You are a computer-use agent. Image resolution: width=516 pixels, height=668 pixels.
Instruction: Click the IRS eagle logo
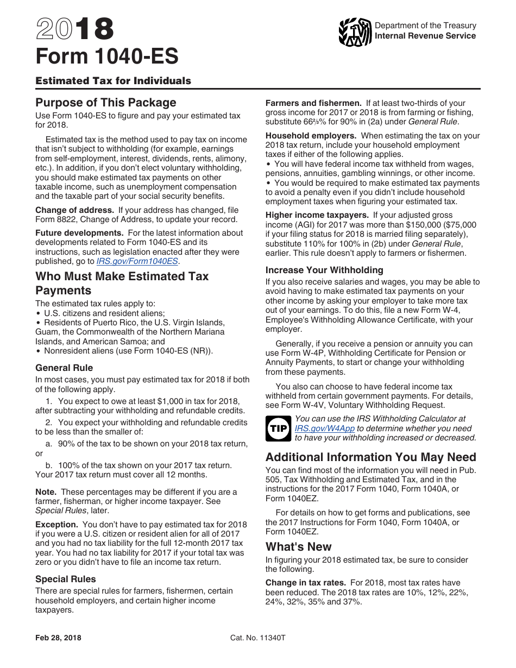(355, 32)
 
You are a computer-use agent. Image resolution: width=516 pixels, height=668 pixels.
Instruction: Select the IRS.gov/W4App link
(324, 428)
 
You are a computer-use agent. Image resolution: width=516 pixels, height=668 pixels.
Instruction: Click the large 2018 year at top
(75, 30)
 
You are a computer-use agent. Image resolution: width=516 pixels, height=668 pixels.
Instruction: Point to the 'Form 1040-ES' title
(106, 56)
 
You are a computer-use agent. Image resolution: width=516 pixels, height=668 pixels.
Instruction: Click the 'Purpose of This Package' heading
(106, 103)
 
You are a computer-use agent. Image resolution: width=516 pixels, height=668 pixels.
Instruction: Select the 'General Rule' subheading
(64, 368)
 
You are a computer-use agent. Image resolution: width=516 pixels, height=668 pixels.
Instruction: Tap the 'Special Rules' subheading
(66, 579)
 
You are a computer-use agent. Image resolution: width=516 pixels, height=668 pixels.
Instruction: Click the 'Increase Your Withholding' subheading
(324, 270)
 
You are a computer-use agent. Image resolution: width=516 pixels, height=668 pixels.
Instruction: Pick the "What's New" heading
(298, 546)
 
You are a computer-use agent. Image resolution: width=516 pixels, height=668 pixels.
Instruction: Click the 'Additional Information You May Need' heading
(370, 457)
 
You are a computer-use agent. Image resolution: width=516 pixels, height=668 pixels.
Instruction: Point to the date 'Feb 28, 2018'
(58, 638)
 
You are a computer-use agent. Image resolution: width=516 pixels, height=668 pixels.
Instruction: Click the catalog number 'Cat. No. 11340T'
(258, 638)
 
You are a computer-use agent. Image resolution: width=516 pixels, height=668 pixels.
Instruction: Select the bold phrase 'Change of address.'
(74, 210)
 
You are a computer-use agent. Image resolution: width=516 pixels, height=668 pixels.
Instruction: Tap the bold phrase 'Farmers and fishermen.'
(313, 103)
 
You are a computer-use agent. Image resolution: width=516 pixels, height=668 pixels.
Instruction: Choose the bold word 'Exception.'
(57, 525)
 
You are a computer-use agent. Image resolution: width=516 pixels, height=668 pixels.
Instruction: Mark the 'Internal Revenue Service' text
(425, 36)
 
